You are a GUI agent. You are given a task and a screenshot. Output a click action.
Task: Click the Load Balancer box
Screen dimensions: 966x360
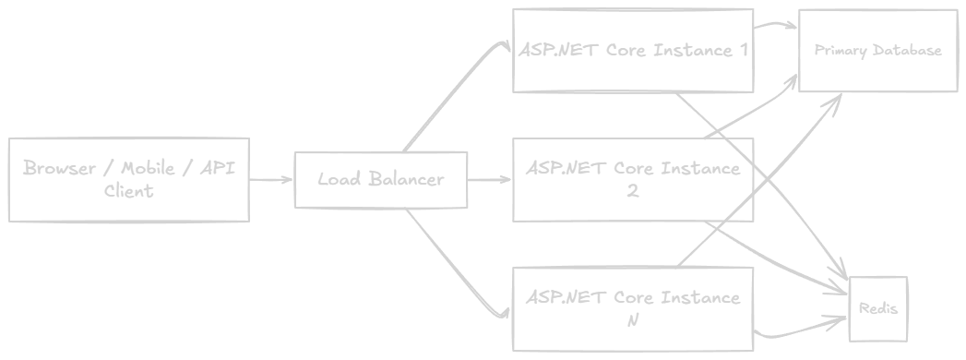(x=381, y=179)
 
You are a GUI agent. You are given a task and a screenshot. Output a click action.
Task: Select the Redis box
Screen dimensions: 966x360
(x=878, y=309)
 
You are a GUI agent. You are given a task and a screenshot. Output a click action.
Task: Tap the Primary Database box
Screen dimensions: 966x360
(x=878, y=51)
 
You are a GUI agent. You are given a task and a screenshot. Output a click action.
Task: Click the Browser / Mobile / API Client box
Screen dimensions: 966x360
(x=129, y=179)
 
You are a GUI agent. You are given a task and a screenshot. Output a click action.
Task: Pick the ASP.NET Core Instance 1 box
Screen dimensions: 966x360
(x=633, y=51)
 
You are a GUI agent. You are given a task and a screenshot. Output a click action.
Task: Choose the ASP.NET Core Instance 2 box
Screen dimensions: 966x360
(x=633, y=179)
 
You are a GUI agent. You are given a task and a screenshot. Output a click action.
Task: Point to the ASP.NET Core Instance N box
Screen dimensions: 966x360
(x=633, y=309)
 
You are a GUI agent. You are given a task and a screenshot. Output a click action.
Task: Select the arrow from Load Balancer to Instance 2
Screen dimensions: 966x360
(x=489, y=180)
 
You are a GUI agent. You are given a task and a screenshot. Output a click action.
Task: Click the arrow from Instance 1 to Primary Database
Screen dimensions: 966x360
(x=775, y=25)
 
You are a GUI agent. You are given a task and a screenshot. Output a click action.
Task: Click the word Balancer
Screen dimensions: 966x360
(x=407, y=179)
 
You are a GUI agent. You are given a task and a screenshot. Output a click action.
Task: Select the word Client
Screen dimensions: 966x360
(x=129, y=191)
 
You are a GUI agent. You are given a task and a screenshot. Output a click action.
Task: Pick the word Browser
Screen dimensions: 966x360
(x=59, y=168)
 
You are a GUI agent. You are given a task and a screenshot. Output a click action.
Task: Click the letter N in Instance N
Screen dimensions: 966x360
(x=633, y=320)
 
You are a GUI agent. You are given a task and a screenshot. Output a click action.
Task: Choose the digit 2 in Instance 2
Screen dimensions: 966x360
(x=633, y=191)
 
